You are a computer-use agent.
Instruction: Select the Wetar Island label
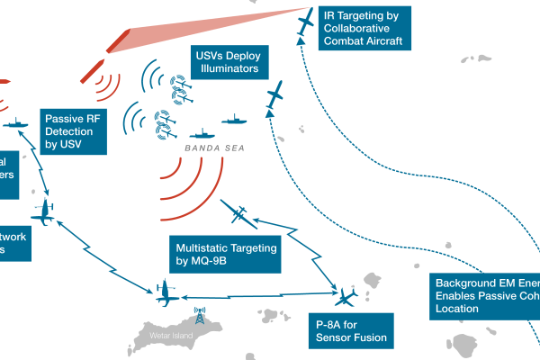(x=164, y=340)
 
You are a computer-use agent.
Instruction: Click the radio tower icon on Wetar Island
(x=199, y=317)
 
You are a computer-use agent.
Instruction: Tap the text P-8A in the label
(x=328, y=324)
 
